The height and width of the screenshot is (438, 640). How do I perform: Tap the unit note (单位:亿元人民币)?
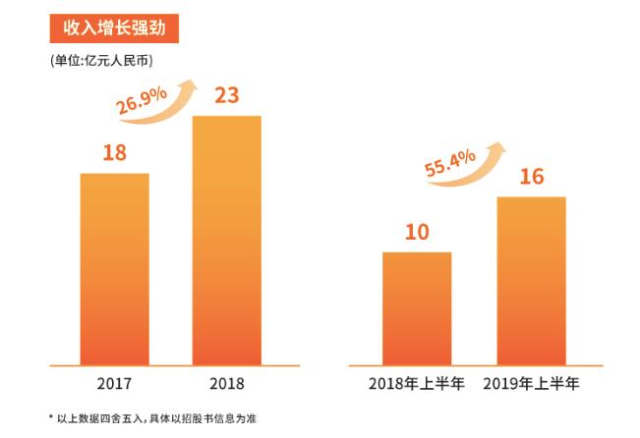pos(100,61)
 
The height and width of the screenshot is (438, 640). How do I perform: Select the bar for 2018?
pos(226,240)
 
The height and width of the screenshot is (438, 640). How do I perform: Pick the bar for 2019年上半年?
pos(531,280)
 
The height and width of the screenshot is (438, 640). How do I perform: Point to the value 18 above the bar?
pos(114,152)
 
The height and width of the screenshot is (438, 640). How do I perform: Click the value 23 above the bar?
pos(227,95)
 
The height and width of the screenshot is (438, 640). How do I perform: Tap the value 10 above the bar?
pos(417,232)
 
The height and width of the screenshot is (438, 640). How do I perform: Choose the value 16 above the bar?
pos(532,177)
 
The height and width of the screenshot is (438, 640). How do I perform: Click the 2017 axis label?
pos(114,383)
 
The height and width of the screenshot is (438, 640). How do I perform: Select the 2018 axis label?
pos(227,383)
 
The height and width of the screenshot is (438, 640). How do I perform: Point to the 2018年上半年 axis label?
pos(417,383)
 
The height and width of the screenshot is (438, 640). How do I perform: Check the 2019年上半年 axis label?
pos(531,383)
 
